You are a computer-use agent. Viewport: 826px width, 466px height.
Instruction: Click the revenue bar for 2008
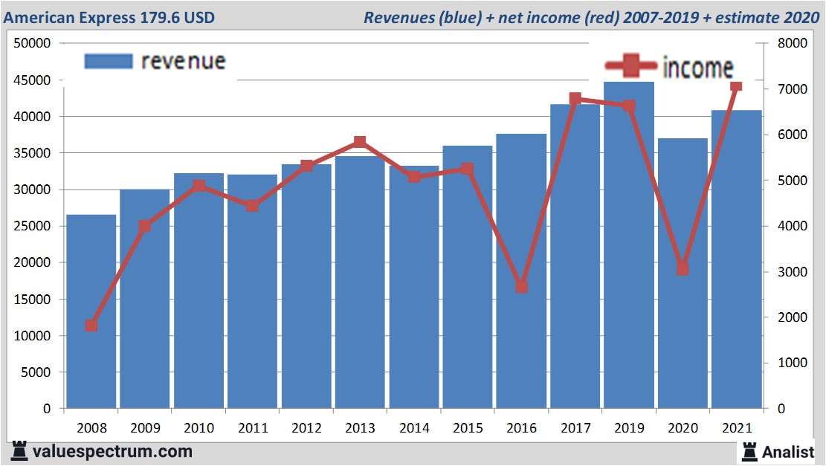click(91, 312)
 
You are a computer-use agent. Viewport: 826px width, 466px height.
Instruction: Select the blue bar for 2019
click(629, 245)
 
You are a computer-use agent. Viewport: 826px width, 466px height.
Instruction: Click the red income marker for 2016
click(522, 286)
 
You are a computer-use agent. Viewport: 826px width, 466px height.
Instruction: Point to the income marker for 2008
click(91, 326)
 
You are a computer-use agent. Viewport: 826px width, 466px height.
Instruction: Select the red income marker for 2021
click(736, 87)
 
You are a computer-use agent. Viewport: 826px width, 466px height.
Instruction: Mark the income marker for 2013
click(360, 142)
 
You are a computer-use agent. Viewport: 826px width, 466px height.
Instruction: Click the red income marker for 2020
click(683, 269)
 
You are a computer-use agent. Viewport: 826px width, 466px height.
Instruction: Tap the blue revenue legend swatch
click(109, 61)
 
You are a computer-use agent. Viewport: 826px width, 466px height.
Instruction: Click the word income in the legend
click(697, 68)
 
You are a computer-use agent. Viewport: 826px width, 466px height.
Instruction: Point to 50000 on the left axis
click(32, 44)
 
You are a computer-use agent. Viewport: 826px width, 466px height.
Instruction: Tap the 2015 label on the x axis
click(468, 429)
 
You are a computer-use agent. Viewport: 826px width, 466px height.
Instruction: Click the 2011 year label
click(253, 429)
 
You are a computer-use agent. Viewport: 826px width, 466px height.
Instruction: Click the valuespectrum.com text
click(112, 451)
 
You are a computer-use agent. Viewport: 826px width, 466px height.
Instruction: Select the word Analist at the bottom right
click(788, 451)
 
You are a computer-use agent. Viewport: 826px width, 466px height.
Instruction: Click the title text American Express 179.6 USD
click(109, 17)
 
